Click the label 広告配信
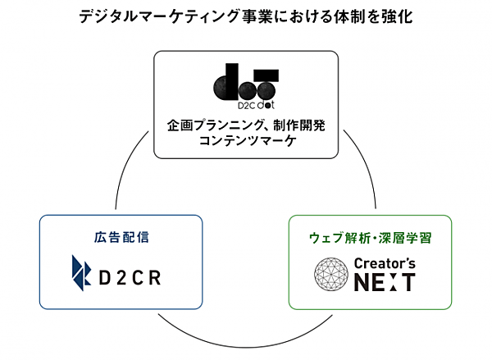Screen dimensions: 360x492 [x=120, y=239]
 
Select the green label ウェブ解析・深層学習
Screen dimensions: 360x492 [x=368, y=239]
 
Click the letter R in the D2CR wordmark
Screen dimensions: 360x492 [x=154, y=275]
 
